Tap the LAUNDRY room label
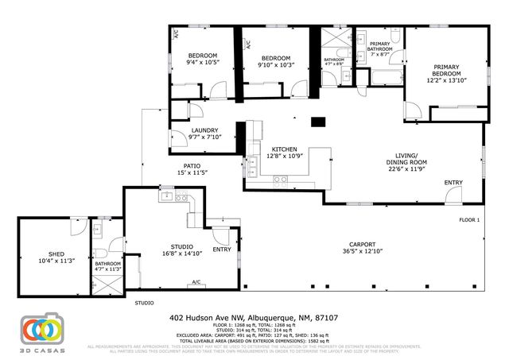(x=204, y=130)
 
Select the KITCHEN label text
(x=284, y=149)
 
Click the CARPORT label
(x=362, y=244)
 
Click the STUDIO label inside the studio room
(x=182, y=246)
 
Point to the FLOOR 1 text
(x=469, y=219)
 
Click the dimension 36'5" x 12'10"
(x=362, y=251)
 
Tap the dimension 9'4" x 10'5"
(x=202, y=62)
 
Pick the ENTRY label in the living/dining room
(x=453, y=183)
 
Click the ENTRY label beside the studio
(x=222, y=249)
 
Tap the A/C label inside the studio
(x=196, y=281)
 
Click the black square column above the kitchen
(x=318, y=122)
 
